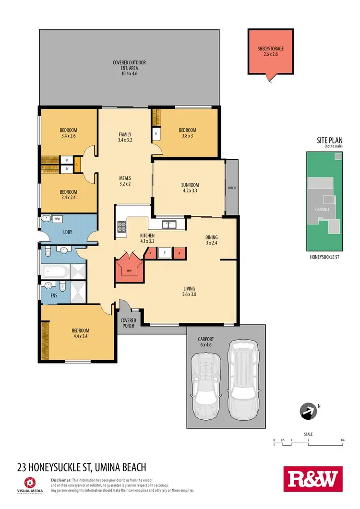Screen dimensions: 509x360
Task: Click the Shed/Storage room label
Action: point(271,51)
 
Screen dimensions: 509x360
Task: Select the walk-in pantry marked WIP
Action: point(129,271)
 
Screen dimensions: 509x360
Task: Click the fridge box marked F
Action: point(165,252)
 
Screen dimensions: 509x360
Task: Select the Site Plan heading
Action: point(328,141)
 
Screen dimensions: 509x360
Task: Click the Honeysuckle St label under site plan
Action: point(324,257)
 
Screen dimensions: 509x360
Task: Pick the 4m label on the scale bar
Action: point(342,439)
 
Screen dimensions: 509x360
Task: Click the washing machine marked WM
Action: point(57,219)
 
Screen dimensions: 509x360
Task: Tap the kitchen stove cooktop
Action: point(121,227)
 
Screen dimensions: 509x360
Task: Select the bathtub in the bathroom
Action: point(54,272)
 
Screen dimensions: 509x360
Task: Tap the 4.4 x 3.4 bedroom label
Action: point(81,333)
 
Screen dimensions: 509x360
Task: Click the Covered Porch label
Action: point(129,323)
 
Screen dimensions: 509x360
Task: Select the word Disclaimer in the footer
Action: point(61,480)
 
